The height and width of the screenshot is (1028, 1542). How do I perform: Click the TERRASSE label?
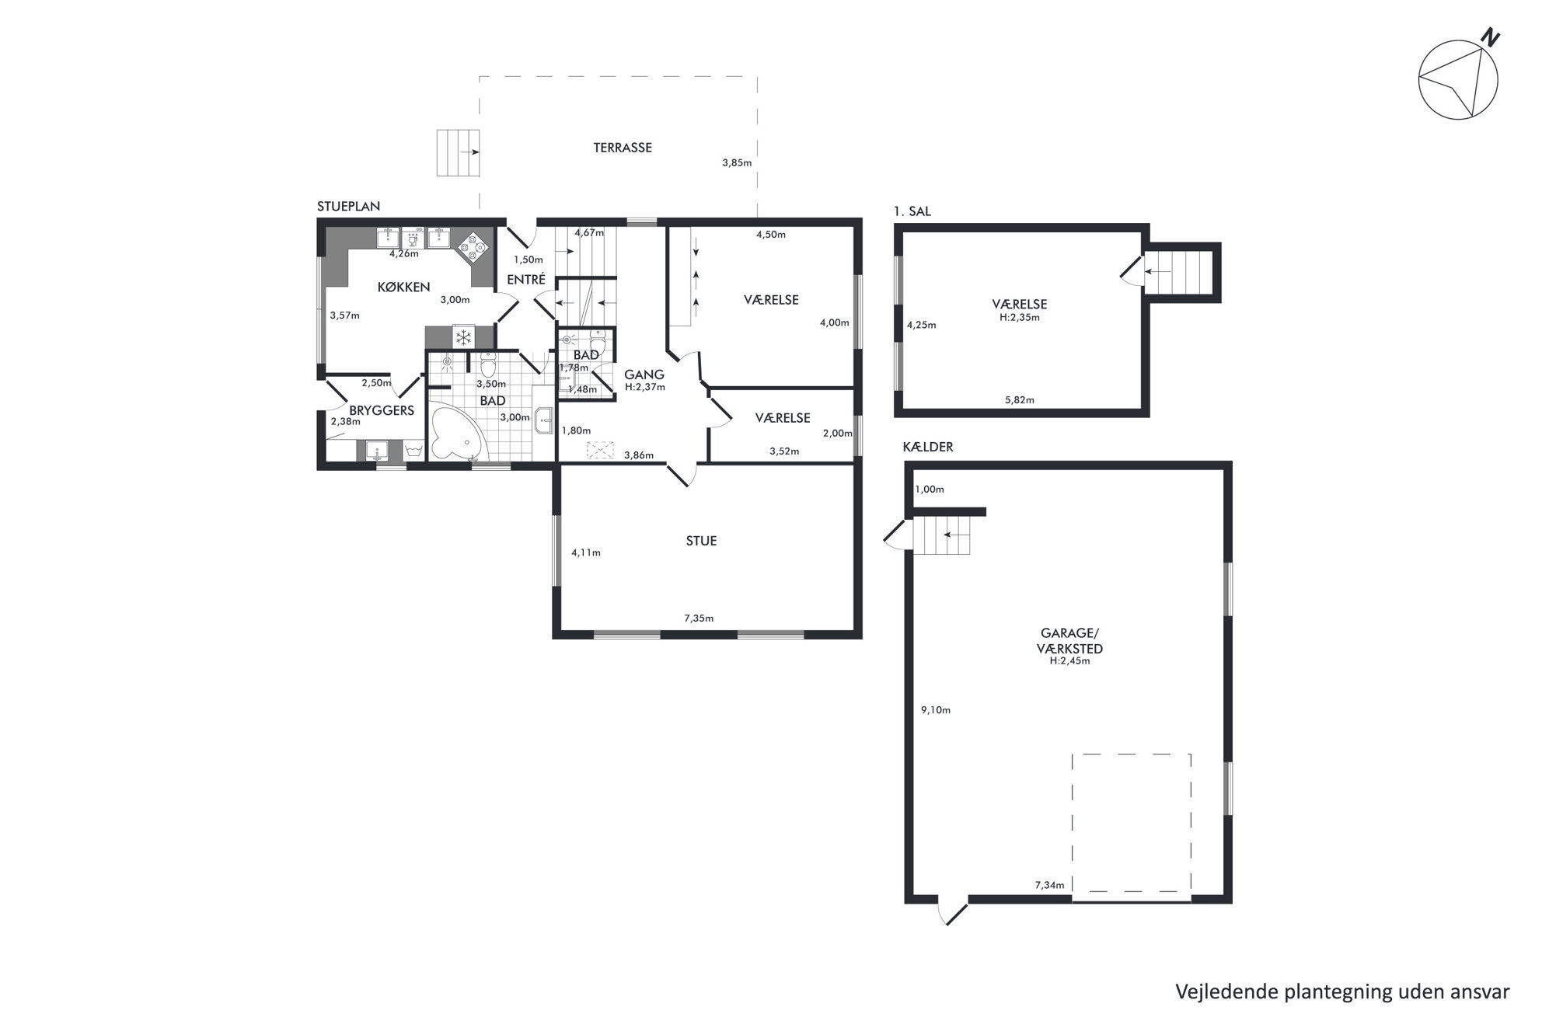pos(623,147)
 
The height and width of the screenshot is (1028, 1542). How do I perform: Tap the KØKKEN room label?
pos(403,287)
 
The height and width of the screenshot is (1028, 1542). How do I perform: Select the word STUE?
pos(701,541)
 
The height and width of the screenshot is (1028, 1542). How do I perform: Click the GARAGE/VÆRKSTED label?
pos(1069,642)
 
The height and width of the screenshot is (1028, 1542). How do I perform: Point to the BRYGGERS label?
pos(382,410)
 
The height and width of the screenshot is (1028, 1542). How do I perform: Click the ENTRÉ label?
pos(526,279)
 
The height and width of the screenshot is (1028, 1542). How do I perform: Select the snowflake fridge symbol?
pos(463,337)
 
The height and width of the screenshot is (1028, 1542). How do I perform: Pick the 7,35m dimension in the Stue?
pos(699,619)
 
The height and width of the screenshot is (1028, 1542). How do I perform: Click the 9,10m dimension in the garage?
pos(936,709)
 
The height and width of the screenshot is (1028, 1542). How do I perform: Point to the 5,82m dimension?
pos(1020,400)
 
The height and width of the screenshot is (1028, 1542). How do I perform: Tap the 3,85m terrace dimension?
pos(737,162)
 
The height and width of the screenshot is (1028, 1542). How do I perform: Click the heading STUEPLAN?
pos(348,207)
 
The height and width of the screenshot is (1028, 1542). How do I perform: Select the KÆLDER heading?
pos(928,447)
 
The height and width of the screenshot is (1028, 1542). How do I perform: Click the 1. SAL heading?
pos(912,211)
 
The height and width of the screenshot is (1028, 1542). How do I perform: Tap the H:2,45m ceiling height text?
pos(1069,661)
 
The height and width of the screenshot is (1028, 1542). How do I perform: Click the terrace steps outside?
pos(457,153)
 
